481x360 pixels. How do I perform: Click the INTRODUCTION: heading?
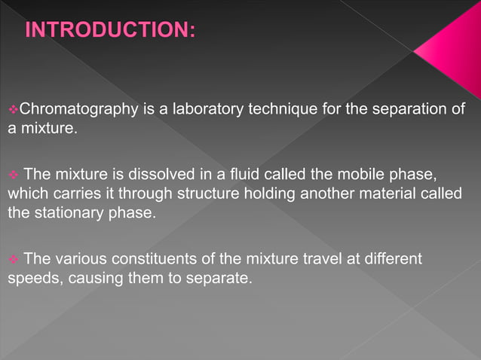click(x=110, y=31)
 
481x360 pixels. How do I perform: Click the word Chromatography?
click(x=76, y=111)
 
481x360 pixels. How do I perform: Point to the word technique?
click(x=283, y=111)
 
